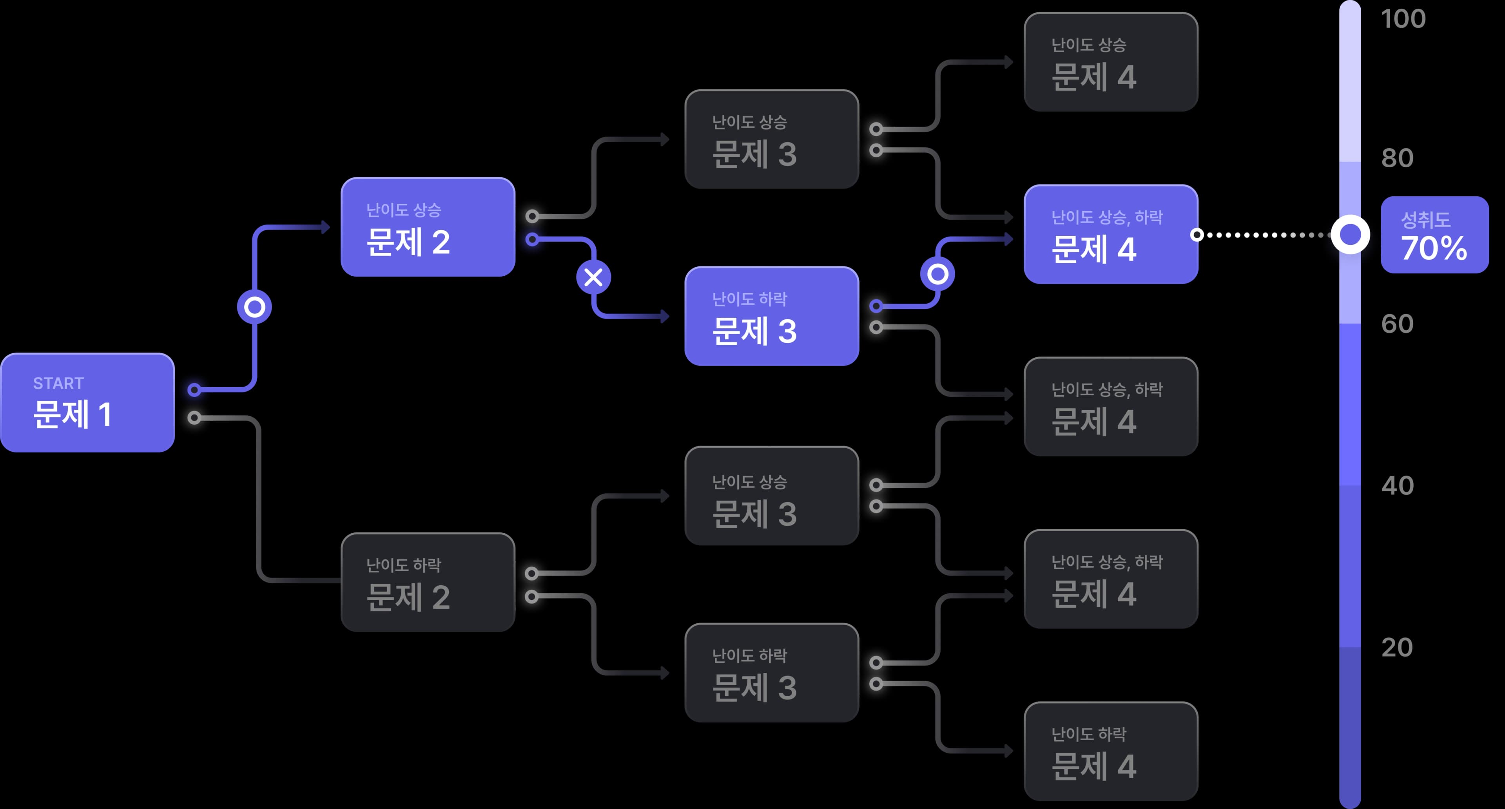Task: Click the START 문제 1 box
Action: (88, 402)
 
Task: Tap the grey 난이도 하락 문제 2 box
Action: (428, 582)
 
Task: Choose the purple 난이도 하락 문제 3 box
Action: (771, 316)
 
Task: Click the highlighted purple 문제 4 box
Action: (1111, 234)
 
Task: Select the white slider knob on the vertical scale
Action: (1350, 235)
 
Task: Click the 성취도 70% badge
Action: (1434, 235)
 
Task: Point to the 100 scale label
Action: (1403, 19)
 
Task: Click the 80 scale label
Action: (1397, 158)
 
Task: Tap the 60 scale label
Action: (1397, 324)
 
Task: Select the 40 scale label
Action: (1397, 486)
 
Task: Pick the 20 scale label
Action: (1397, 648)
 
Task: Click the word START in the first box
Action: (58, 383)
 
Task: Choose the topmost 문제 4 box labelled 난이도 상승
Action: (1111, 62)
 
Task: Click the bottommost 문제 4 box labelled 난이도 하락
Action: (1111, 751)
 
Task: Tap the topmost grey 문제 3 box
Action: (771, 139)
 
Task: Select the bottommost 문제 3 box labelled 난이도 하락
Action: (771, 672)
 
